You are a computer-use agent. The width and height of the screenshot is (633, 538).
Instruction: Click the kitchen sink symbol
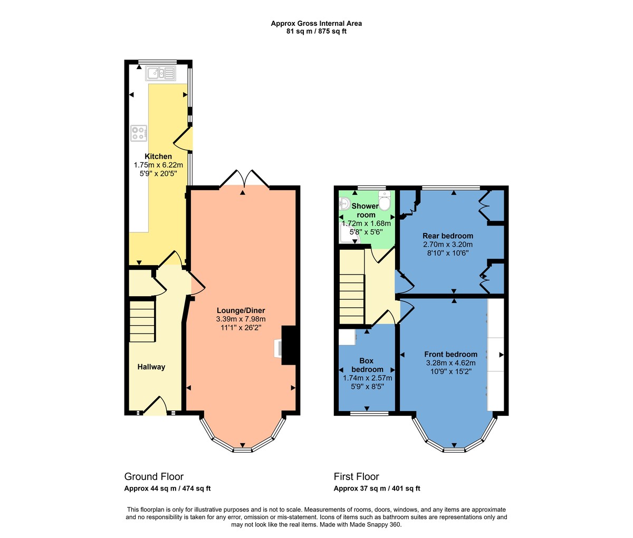[161, 74]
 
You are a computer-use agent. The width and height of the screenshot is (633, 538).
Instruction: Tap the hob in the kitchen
[138, 133]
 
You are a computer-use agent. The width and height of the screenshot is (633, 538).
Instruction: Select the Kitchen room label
[158, 156]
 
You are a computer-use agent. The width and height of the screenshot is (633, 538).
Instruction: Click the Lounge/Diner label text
[241, 310]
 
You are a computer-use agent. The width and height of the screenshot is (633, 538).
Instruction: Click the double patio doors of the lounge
[244, 180]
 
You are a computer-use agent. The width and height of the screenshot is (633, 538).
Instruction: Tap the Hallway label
[151, 367]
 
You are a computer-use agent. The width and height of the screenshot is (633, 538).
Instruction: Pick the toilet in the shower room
[385, 201]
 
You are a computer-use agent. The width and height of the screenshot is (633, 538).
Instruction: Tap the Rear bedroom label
[448, 236]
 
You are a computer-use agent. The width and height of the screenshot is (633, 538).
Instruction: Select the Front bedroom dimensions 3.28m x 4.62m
[450, 363]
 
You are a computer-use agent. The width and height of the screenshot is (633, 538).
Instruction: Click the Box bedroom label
[366, 365]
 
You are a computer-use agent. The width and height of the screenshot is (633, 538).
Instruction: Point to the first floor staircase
[351, 287]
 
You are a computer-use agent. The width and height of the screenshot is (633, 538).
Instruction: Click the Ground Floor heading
[154, 477]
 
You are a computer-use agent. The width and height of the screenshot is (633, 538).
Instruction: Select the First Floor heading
[356, 477]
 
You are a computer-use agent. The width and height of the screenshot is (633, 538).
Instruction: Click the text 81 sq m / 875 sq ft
[316, 31]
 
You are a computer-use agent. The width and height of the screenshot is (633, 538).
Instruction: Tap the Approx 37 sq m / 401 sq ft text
[377, 488]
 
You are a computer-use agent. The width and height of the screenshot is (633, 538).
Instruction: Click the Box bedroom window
[369, 413]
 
